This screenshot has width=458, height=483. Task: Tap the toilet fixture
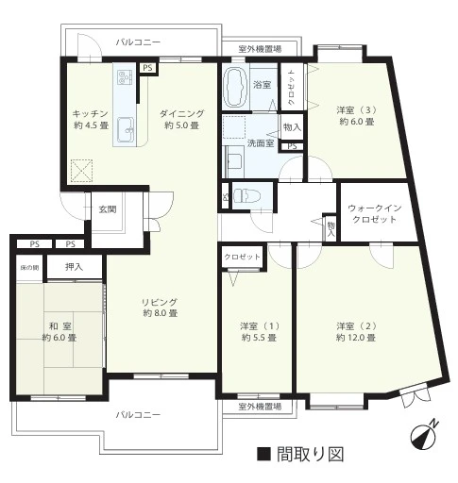[x=247, y=196]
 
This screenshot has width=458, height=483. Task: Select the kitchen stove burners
[x=125, y=77]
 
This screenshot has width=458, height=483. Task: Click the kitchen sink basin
[x=126, y=129]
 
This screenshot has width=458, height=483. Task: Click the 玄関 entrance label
[x=108, y=209]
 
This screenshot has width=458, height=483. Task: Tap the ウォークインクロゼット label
[x=375, y=214]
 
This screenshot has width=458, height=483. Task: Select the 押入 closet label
[x=74, y=267]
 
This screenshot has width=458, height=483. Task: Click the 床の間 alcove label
[x=29, y=268]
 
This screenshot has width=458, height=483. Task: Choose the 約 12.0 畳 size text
[x=356, y=338]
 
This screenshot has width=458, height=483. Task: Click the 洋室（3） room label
[x=357, y=110]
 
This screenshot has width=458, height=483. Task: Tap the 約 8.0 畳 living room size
[x=161, y=313]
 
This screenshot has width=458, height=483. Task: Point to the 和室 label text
[x=59, y=325]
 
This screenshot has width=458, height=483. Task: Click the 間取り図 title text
[x=310, y=454]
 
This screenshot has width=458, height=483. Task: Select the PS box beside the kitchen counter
[x=147, y=68]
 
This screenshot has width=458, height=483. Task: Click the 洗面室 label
[x=261, y=143]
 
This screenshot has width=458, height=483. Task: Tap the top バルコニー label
[x=138, y=42]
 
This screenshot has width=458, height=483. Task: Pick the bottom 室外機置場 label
[x=260, y=407]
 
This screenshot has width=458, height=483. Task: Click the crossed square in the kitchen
[x=81, y=171]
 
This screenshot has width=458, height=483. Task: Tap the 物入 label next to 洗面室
[x=292, y=127]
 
